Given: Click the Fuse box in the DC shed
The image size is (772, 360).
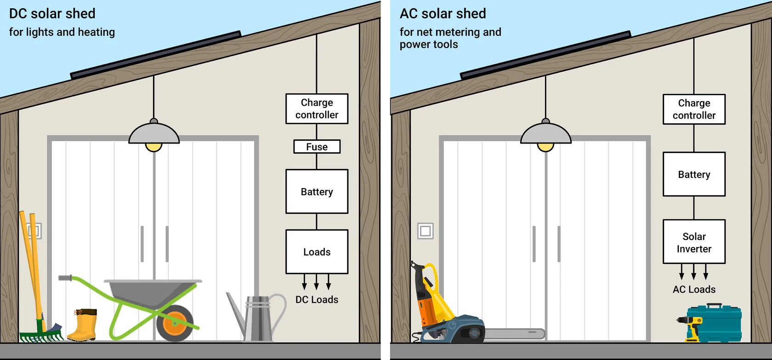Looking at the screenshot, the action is (317, 147).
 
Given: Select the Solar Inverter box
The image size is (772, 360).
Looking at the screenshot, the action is (694, 242).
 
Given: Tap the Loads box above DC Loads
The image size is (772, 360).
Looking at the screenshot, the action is (317, 252).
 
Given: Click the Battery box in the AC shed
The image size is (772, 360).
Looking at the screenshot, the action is (694, 174).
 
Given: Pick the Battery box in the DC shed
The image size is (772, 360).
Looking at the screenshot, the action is (317, 191).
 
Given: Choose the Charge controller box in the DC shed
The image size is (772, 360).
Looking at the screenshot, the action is (317, 109).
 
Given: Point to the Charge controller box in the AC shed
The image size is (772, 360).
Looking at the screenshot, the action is (694, 109).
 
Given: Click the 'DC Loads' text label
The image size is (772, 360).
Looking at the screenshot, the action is (317, 299).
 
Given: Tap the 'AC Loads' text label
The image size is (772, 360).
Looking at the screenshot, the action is (694, 289).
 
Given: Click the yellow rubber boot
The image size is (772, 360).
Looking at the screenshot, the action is (83, 325).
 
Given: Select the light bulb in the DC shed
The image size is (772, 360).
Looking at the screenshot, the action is (153, 147).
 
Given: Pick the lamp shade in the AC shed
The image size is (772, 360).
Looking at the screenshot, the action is (545, 133).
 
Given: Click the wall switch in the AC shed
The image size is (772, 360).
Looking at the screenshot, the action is (426, 231).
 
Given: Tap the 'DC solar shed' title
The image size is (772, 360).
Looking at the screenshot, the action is (52, 13).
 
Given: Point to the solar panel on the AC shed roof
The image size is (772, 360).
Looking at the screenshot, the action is (545, 54).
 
